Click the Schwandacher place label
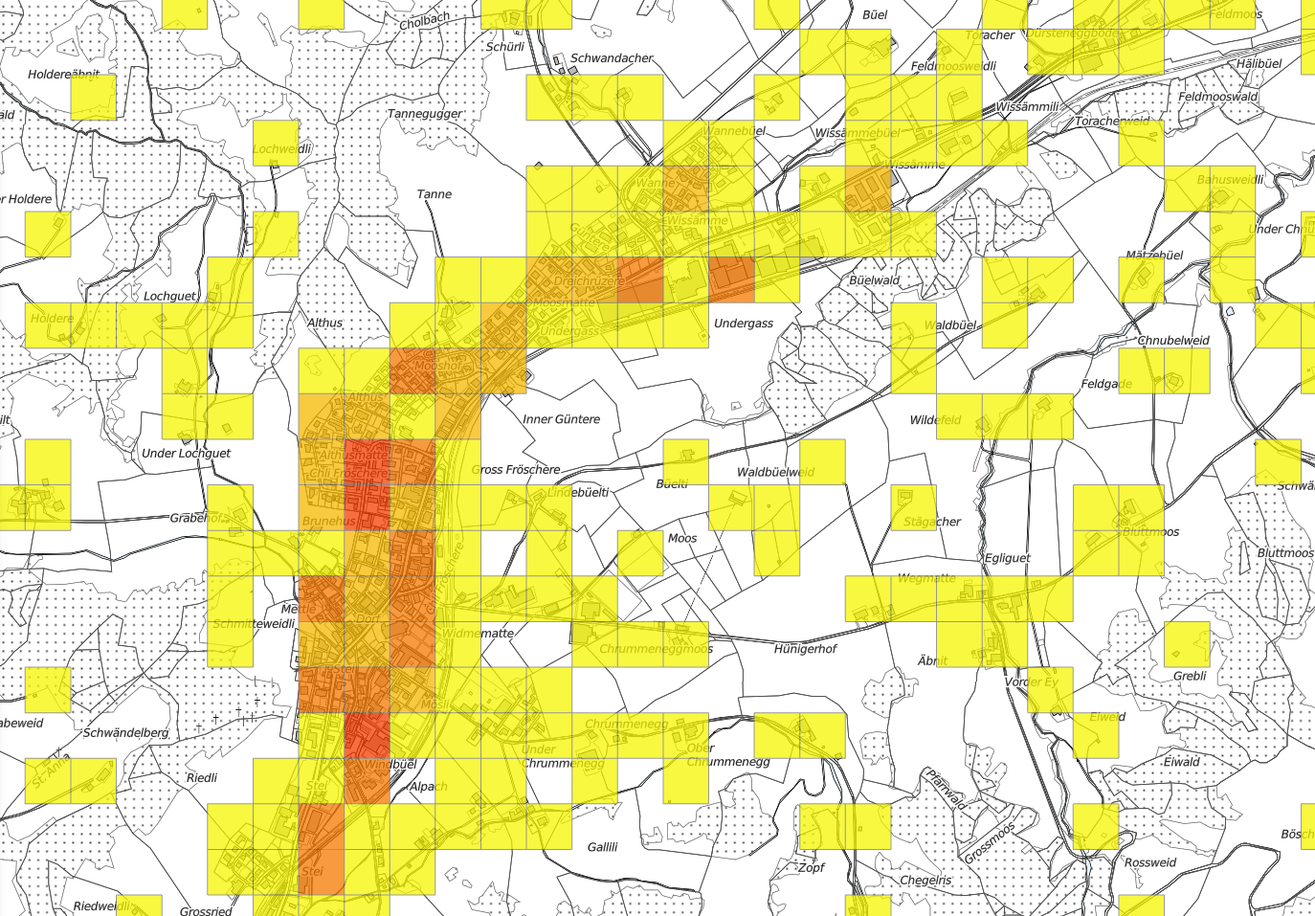point(612,58)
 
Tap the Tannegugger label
point(425,114)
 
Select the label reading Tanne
point(434,194)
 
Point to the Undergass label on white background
point(744,324)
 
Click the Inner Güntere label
point(561,419)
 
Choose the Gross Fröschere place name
point(517,470)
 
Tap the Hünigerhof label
point(805,649)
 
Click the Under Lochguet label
point(186,453)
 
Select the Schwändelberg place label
point(125,733)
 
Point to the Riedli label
point(201,778)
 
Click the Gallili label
point(602,847)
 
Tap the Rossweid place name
point(1149,862)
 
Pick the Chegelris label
point(925,881)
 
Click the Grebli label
point(1190,676)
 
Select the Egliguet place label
point(1007,558)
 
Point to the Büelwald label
point(874,280)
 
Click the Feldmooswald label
point(1217,98)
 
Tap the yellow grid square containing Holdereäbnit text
point(93,97)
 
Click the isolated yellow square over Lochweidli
point(277,143)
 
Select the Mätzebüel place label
point(1154,256)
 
